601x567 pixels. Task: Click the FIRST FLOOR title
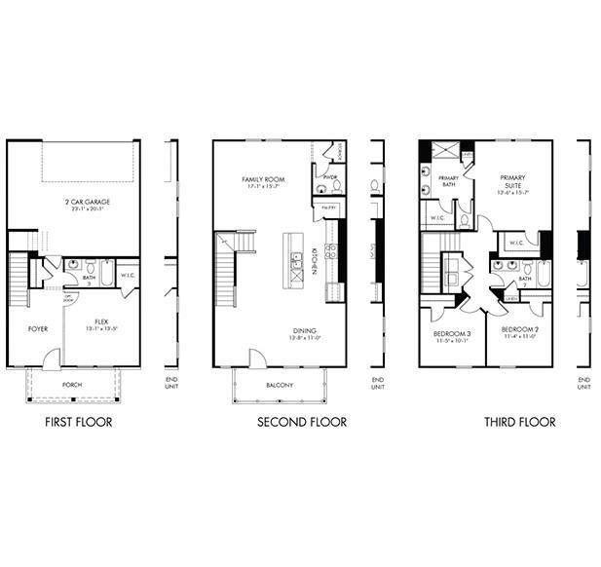[79, 422]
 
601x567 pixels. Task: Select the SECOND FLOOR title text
[301, 422]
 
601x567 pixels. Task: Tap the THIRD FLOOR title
[520, 422]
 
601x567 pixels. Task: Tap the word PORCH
[72, 385]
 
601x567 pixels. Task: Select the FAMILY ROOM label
[263, 180]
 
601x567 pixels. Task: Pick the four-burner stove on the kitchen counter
[331, 250]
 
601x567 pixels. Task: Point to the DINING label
[304, 331]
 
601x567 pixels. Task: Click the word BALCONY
[280, 385]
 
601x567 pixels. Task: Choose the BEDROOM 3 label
[451, 334]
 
